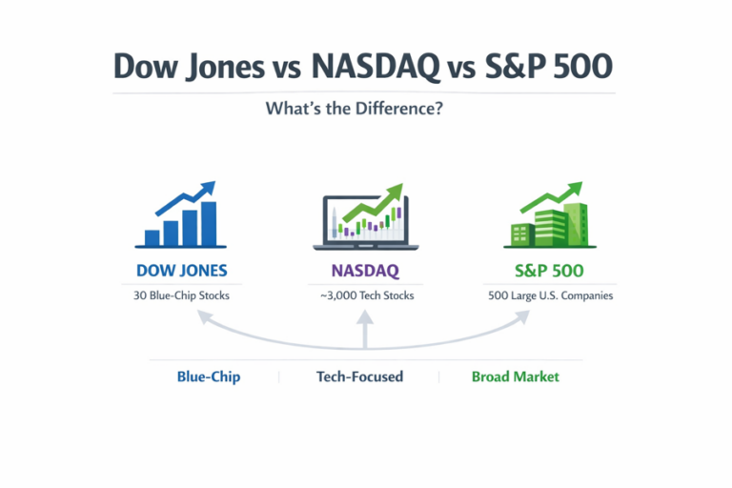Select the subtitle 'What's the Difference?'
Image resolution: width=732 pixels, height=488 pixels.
[x=365, y=109]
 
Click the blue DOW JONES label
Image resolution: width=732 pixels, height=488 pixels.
[x=181, y=270]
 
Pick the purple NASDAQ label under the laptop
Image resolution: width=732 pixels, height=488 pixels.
[x=366, y=270]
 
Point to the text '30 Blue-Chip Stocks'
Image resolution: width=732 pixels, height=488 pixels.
[x=182, y=295]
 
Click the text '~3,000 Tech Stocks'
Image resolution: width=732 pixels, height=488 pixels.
[x=366, y=295]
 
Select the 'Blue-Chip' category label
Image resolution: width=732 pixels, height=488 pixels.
[x=209, y=376]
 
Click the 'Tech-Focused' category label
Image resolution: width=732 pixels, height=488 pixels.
[x=359, y=376]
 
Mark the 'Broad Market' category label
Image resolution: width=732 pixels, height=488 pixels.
[x=515, y=376]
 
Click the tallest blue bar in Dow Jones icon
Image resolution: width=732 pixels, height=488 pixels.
[x=209, y=223]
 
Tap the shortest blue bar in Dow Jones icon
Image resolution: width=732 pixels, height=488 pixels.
[x=152, y=237]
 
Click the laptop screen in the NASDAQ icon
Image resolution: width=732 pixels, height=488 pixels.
[x=366, y=219]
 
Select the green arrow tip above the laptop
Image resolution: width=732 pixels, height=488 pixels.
[x=395, y=190]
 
